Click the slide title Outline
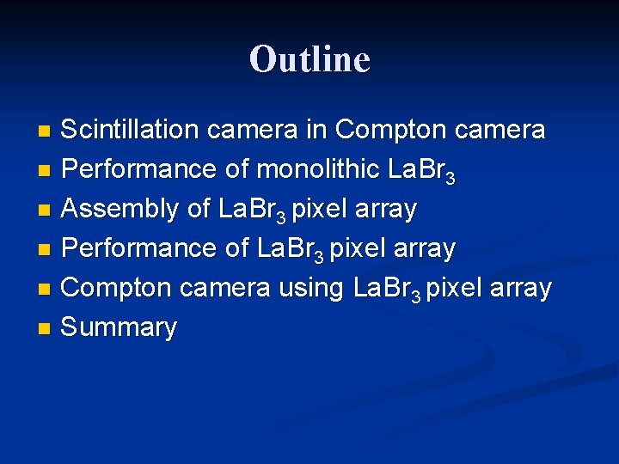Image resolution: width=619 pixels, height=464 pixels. coord(309,59)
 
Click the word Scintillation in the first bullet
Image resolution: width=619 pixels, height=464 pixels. coord(130,130)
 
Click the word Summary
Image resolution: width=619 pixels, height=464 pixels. coord(120,327)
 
